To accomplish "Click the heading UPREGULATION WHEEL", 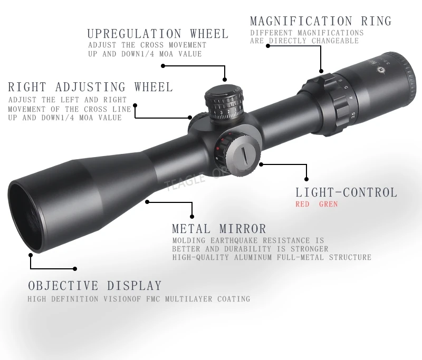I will pyautogui.click(x=158, y=34).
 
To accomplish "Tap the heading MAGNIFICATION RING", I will pyautogui.click(x=321, y=22).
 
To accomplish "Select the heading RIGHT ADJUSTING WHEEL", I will pyautogui.click(x=90, y=87).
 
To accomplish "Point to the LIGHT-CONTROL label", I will pyautogui.click(x=346, y=193).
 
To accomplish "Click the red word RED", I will pyautogui.click(x=303, y=205).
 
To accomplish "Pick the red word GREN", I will pyautogui.click(x=328, y=205).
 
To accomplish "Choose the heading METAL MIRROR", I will pyautogui.click(x=219, y=229).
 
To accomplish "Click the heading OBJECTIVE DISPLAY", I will pyautogui.click(x=95, y=286).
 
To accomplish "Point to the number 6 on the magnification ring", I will pyautogui.click(x=340, y=81).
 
